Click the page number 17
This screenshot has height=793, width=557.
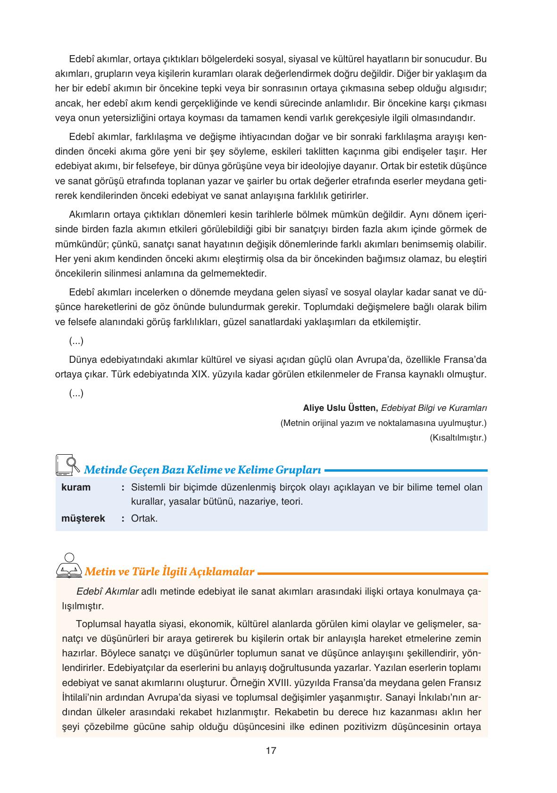271,751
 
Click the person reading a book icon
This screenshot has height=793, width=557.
69,565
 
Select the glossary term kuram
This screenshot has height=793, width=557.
75,487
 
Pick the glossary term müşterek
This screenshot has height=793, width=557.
83,519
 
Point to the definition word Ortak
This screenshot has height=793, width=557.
144,519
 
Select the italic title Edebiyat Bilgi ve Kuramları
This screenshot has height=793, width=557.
433,408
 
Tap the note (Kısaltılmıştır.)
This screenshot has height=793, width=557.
457,438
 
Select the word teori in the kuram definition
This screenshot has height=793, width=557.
291,501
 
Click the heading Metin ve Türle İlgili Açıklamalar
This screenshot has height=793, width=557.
169,572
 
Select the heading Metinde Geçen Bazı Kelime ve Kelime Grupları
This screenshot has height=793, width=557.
202,470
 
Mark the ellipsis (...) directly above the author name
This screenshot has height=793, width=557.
76,393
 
